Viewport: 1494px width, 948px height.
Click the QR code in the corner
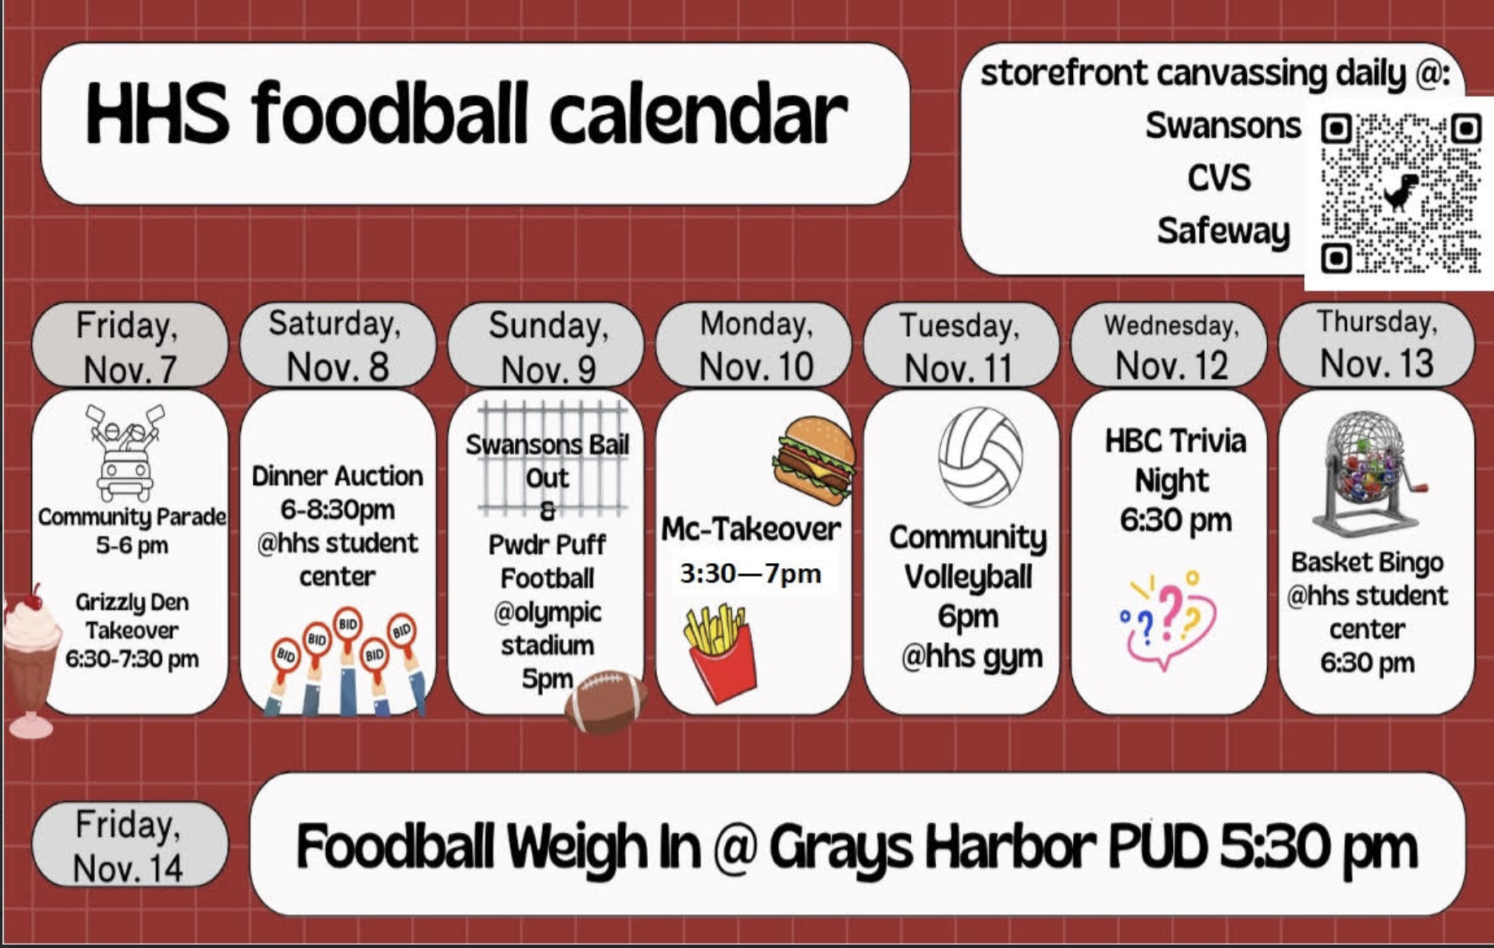pos(1401,193)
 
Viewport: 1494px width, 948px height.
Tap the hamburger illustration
pos(813,461)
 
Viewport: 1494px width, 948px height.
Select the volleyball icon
pos(981,457)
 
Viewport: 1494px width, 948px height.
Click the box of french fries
pos(720,652)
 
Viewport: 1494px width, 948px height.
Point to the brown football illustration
pos(605,701)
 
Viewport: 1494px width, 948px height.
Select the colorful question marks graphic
pos(1166,619)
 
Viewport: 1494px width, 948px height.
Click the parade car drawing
pos(126,453)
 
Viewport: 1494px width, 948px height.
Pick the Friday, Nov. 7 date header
pos(129,345)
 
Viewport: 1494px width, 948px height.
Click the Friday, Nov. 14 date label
pos(129,845)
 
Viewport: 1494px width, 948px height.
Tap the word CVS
pos(1218,178)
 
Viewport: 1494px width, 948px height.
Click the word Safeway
pos(1223,231)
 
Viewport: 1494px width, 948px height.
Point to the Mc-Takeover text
pos(750,529)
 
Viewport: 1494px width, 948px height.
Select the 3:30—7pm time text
pos(750,574)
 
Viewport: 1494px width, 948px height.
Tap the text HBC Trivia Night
pos(1175,461)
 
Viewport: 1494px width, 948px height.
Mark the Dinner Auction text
pos(337,476)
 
